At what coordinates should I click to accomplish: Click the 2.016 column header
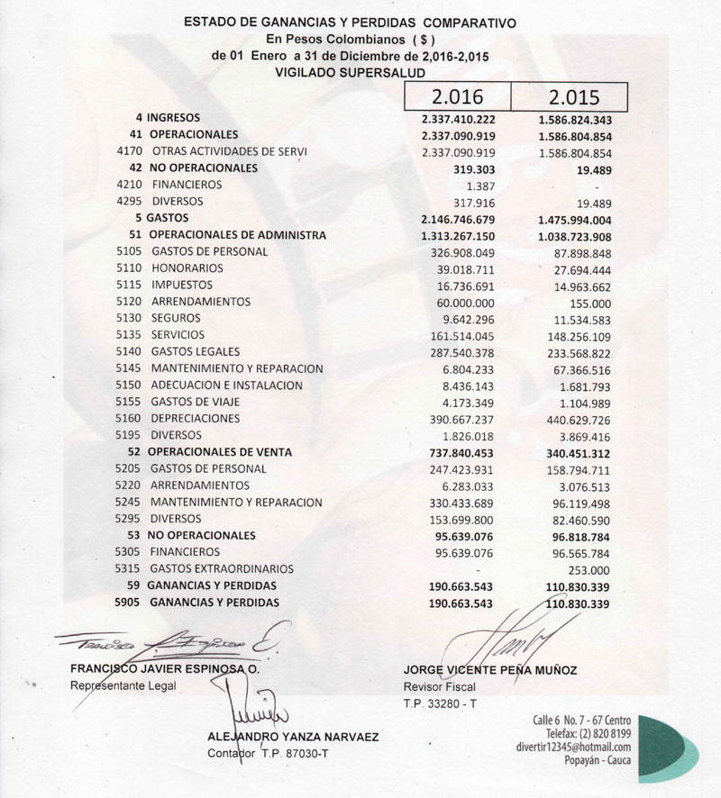[458, 96]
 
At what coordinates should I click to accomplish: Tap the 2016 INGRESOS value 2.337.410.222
[459, 118]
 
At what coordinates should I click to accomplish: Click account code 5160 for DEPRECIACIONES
[130, 419]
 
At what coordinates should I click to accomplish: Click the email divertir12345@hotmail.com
[573, 747]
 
